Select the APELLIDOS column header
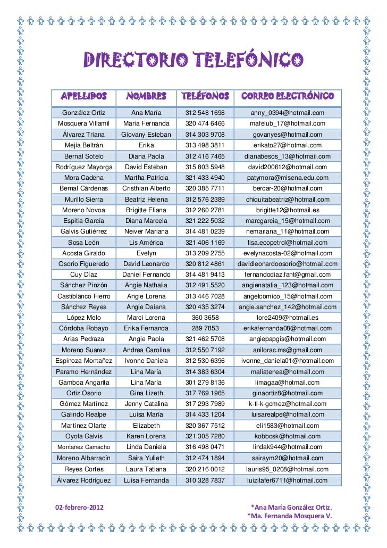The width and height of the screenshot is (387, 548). point(84,96)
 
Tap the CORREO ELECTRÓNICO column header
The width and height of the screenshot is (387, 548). point(287,96)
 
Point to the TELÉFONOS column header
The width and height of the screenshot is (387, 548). point(205,96)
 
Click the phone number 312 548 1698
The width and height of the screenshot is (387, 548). point(205,113)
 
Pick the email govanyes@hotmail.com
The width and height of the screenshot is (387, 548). point(287,135)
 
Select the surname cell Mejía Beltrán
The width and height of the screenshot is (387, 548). point(84,145)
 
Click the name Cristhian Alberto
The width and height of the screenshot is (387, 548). point(146,188)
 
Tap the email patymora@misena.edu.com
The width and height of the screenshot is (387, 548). point(287,178)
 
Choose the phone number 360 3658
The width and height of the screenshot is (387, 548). point(205,318)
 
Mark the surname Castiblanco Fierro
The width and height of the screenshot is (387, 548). point(84,296)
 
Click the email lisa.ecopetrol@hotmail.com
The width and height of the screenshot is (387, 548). point(287,242)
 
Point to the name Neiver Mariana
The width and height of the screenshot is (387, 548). point(146,231)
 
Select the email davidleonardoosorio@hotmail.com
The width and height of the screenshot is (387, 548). point(287,264)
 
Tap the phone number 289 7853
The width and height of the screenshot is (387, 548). point(205,328)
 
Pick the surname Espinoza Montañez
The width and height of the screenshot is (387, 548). point(84,361)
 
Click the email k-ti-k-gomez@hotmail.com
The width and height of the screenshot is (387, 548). point(287,404)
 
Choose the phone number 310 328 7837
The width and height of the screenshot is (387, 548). point(205,480)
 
